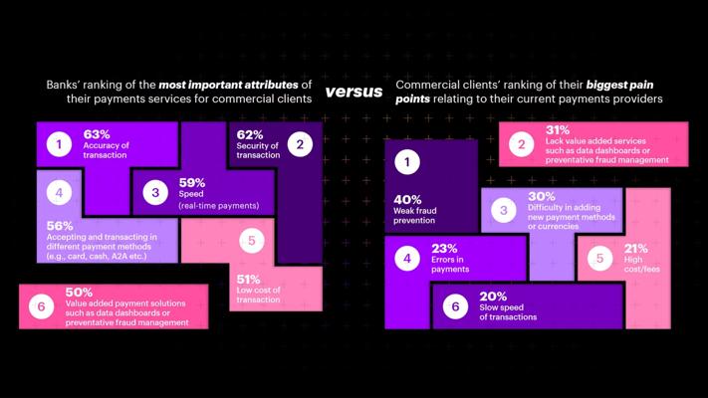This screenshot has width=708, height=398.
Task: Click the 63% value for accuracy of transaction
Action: pyautogui.click(x=96, y=133)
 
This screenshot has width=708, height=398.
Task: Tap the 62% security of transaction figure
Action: pyautogui.click(x=250, y=134)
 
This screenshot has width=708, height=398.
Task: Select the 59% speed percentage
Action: pyautogui.click(x=191, y=183)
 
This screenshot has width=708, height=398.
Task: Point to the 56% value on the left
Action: pyautogui.click(x=60, y=226)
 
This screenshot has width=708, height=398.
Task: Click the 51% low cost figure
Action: pyautogui.click(x=249, y=280)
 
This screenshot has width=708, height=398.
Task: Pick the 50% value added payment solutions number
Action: pyautogui.click(x=80, y=293)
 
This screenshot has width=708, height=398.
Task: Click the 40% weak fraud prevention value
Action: pyautogui.click(x=408, y=199)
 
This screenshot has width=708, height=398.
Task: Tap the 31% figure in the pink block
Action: pyautogui.click(x=558, y=130)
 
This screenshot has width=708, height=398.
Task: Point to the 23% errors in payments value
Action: pyautogui.click(x=444, y=249)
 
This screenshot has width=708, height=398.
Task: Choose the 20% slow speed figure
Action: pyautogui.click(x=493, y=297)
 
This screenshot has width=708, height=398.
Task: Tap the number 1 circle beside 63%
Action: pyautogui.click(x=59, y=144)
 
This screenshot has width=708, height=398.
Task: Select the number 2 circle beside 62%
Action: pyautogui.click(x=299, y=144)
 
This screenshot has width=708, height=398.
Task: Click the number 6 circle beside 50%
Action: pyautogui.click(x=42, y=306)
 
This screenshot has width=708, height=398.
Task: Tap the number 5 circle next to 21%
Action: pyautogui.click(x=599, y=259)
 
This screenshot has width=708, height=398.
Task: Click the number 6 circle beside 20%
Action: pyautogui.click(x=455, y=306)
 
